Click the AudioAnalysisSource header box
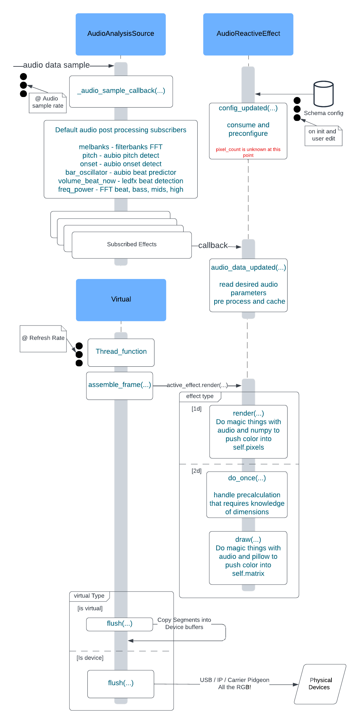(x=121, y=34)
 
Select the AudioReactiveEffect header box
(x=248, y=34)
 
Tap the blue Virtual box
(x=121, y=300)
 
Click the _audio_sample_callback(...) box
(x=121, y=91)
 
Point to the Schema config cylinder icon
(x=323, y=94)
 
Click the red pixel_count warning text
(x=248, y=152)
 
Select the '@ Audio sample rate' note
(x=48, y=103)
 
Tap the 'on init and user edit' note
(x=323, y=136)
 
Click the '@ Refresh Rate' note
(x=43, y=338)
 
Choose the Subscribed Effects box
(x=132, y=245)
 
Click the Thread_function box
(x=121, y=352)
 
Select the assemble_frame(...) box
(x=120, y=386)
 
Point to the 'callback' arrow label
(x=213, y=245)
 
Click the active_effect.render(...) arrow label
(x=197, y=385)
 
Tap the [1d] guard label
(x=197, y=409)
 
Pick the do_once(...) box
(x=247, y=495)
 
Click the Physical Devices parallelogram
(x=320, y=684)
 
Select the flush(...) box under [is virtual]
(x=120, y=624)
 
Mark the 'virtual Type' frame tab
(x=89, y=596)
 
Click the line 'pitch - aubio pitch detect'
(x=121, y=155)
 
